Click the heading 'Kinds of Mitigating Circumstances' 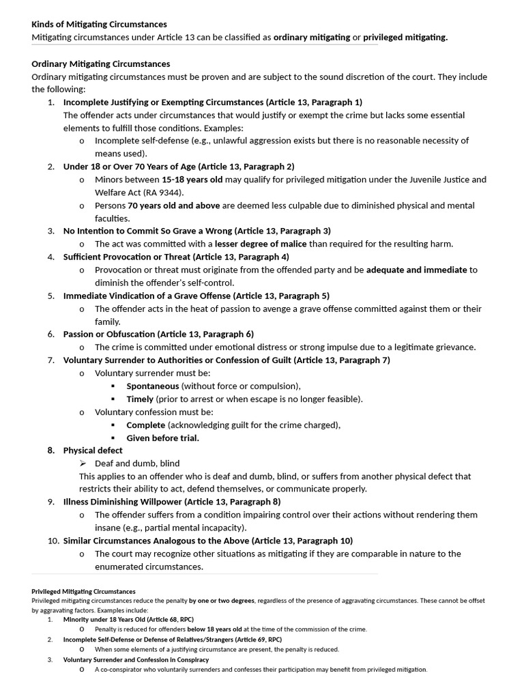point(99,25)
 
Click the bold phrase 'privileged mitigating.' point(405,38)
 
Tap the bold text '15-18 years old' point(192,180)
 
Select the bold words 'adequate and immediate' point(416,270)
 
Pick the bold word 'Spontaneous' point(153,386)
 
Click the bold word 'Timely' point(140,399)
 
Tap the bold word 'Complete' point(146,425)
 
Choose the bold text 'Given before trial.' point(163,438)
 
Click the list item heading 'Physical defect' point(93,451)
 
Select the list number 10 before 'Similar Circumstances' point(53,541)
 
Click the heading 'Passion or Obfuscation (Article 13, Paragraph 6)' point(158,334)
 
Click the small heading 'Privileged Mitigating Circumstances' point(83,591)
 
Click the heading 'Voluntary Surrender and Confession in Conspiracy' point(136,660)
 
